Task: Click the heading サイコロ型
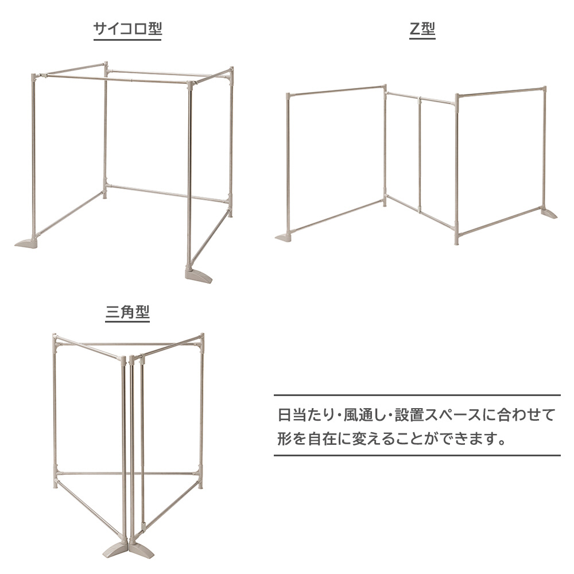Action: (127, 28)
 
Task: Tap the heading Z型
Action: (422, 28)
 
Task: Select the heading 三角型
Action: (127, 312)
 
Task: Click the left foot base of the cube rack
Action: (26, 242)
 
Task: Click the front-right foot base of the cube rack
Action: (199, 276)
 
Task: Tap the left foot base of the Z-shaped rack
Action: (285, 236)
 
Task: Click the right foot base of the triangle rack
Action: (141, 549)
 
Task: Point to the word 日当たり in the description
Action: (306, 415)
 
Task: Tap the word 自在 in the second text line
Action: (322, 439)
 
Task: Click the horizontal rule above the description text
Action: (417, 395)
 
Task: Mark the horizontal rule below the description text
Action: (417, 455)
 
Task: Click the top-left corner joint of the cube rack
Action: (34, 77)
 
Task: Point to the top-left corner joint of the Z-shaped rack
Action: (289, 96)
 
